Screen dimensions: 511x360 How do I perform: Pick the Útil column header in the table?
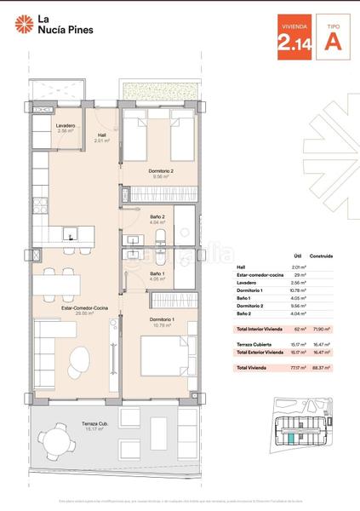298,255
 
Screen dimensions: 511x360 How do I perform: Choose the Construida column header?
321,255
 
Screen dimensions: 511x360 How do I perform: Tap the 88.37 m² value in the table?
323,367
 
